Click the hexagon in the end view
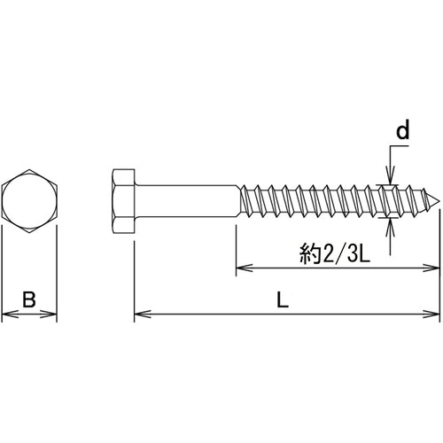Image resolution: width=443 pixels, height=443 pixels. click(x=29, y=200)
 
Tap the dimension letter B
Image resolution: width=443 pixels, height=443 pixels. click(x=29, y=301)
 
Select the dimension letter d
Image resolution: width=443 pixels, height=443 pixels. click(x=402, y=132)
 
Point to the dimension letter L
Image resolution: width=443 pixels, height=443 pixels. click(x=283, y=301)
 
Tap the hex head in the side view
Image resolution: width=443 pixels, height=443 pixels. click(x=124, y=200)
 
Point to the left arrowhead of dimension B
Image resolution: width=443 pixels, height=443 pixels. click(x=6, y=313)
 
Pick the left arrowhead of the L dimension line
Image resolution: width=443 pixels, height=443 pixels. click(x=138, y=313)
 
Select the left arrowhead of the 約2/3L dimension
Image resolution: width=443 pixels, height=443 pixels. click(x=240, y=268)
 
